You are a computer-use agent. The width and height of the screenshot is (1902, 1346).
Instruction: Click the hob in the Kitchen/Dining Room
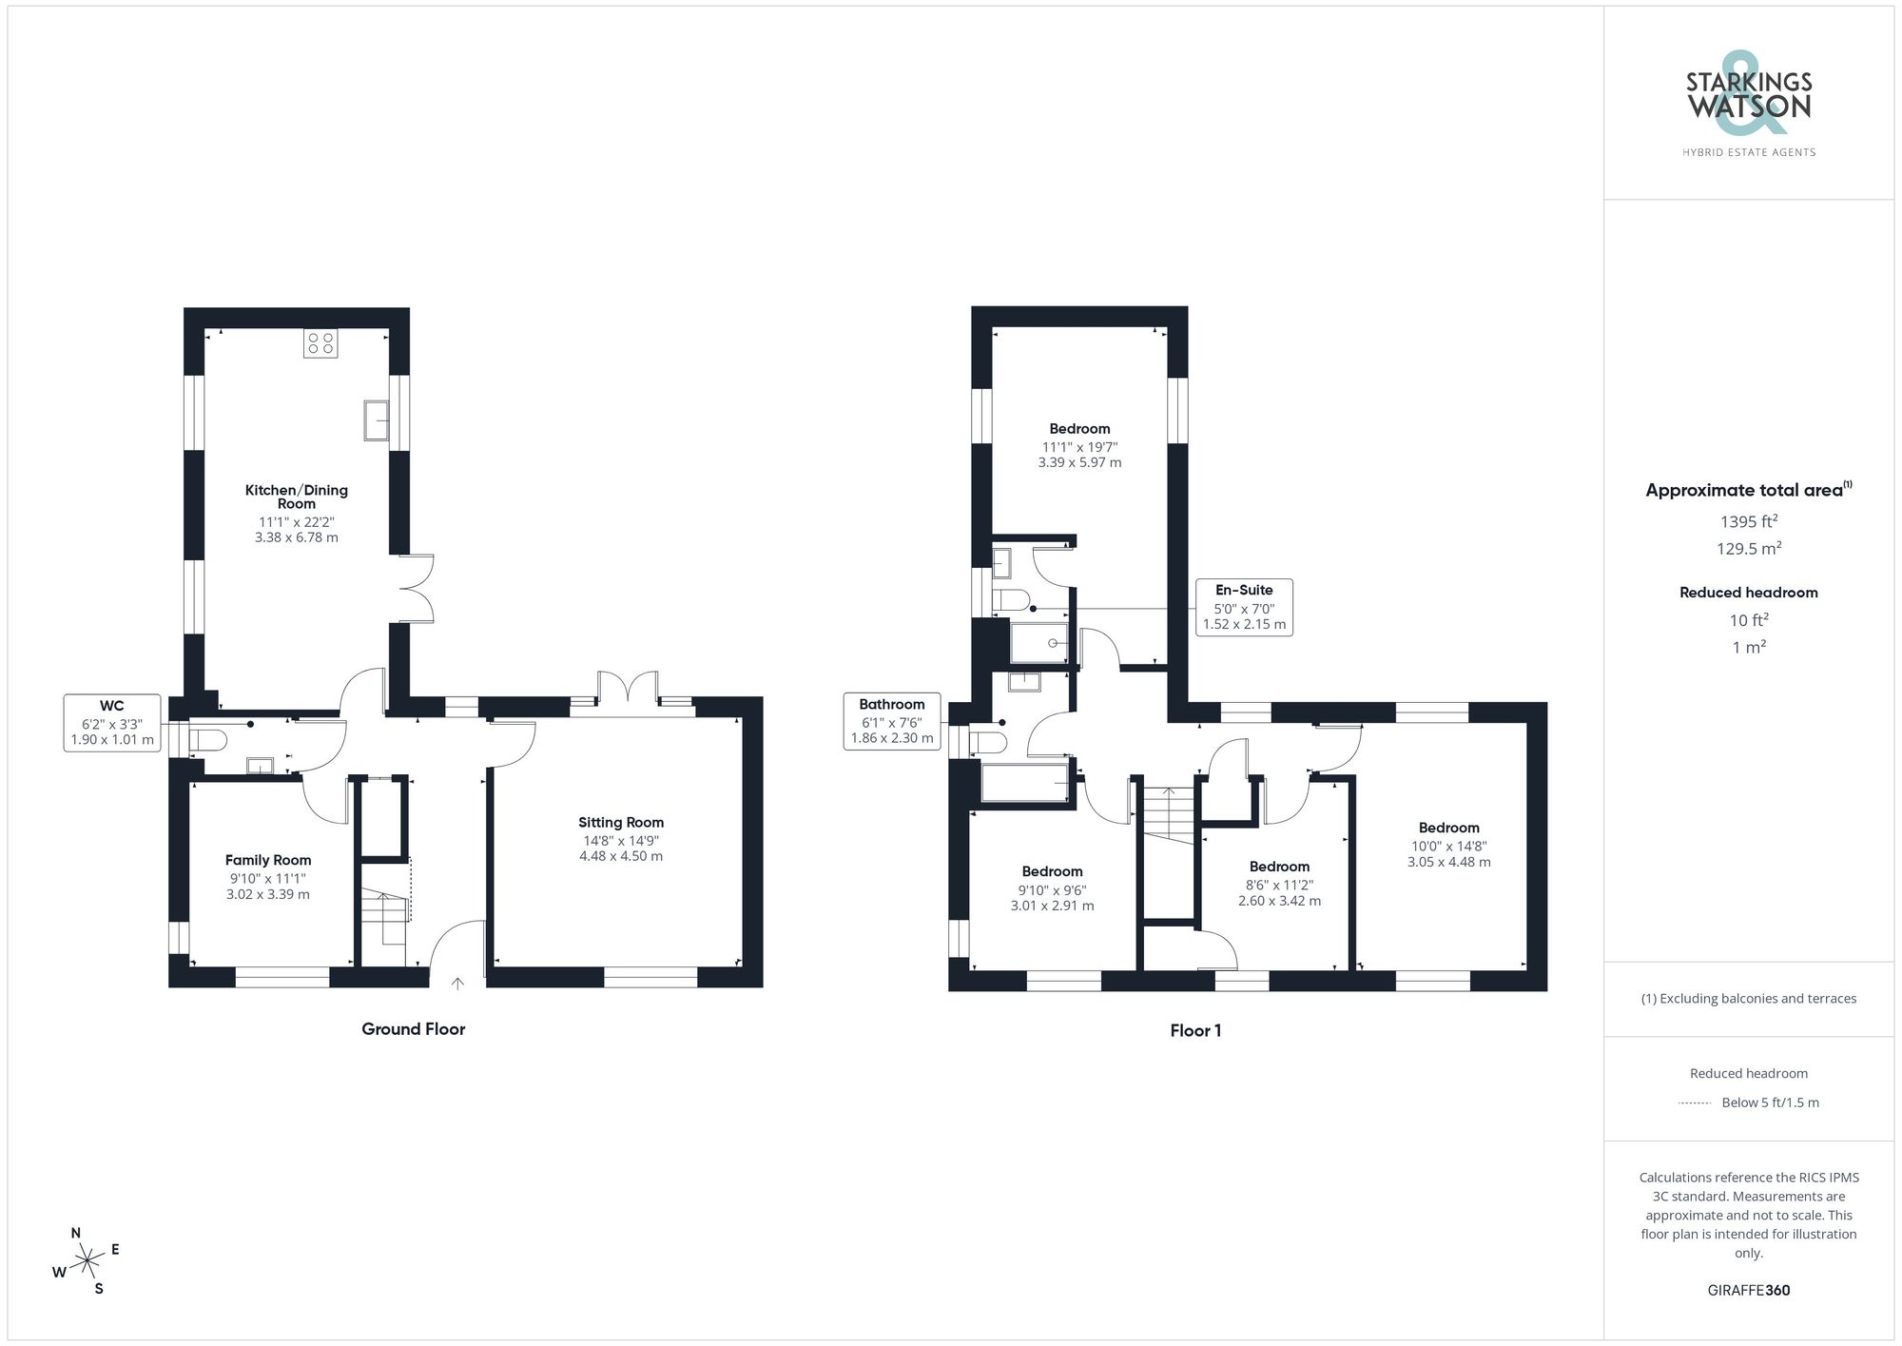coord(320,343)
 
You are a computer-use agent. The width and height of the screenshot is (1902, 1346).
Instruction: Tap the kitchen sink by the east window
coord(377,420)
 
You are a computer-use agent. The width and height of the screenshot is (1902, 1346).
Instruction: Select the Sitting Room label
coord(621,823)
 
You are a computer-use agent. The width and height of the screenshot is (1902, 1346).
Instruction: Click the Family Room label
coord(268,860)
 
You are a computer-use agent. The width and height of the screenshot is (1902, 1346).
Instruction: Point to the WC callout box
coord(112,723)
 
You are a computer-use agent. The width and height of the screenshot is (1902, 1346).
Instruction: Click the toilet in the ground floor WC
coord(208,739)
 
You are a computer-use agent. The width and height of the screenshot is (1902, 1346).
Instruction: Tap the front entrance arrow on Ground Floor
coord(457,984)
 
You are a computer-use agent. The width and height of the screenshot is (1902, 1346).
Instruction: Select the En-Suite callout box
coord(1244,607)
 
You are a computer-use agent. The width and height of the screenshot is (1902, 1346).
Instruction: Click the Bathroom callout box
coord(892,721)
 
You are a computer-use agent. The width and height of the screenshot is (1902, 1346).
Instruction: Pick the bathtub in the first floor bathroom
coord(1025,783)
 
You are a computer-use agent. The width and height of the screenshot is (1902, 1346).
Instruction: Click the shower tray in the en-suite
coord(1038,643)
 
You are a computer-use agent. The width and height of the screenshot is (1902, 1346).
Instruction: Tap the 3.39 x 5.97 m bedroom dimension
coord(1079,463)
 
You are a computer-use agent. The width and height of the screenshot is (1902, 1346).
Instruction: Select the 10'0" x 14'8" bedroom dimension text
coord(1448,847)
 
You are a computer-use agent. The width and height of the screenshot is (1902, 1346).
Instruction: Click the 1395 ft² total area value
coord(1749,521)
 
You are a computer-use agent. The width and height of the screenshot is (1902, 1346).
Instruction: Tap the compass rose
coord(87,1262)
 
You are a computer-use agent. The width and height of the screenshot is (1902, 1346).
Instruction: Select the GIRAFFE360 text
coord(1749,1291)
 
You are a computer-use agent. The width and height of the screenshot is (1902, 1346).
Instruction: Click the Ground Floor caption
coord(413,1029)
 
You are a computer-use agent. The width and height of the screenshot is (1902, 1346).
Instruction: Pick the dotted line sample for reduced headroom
coord(1695,1103)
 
